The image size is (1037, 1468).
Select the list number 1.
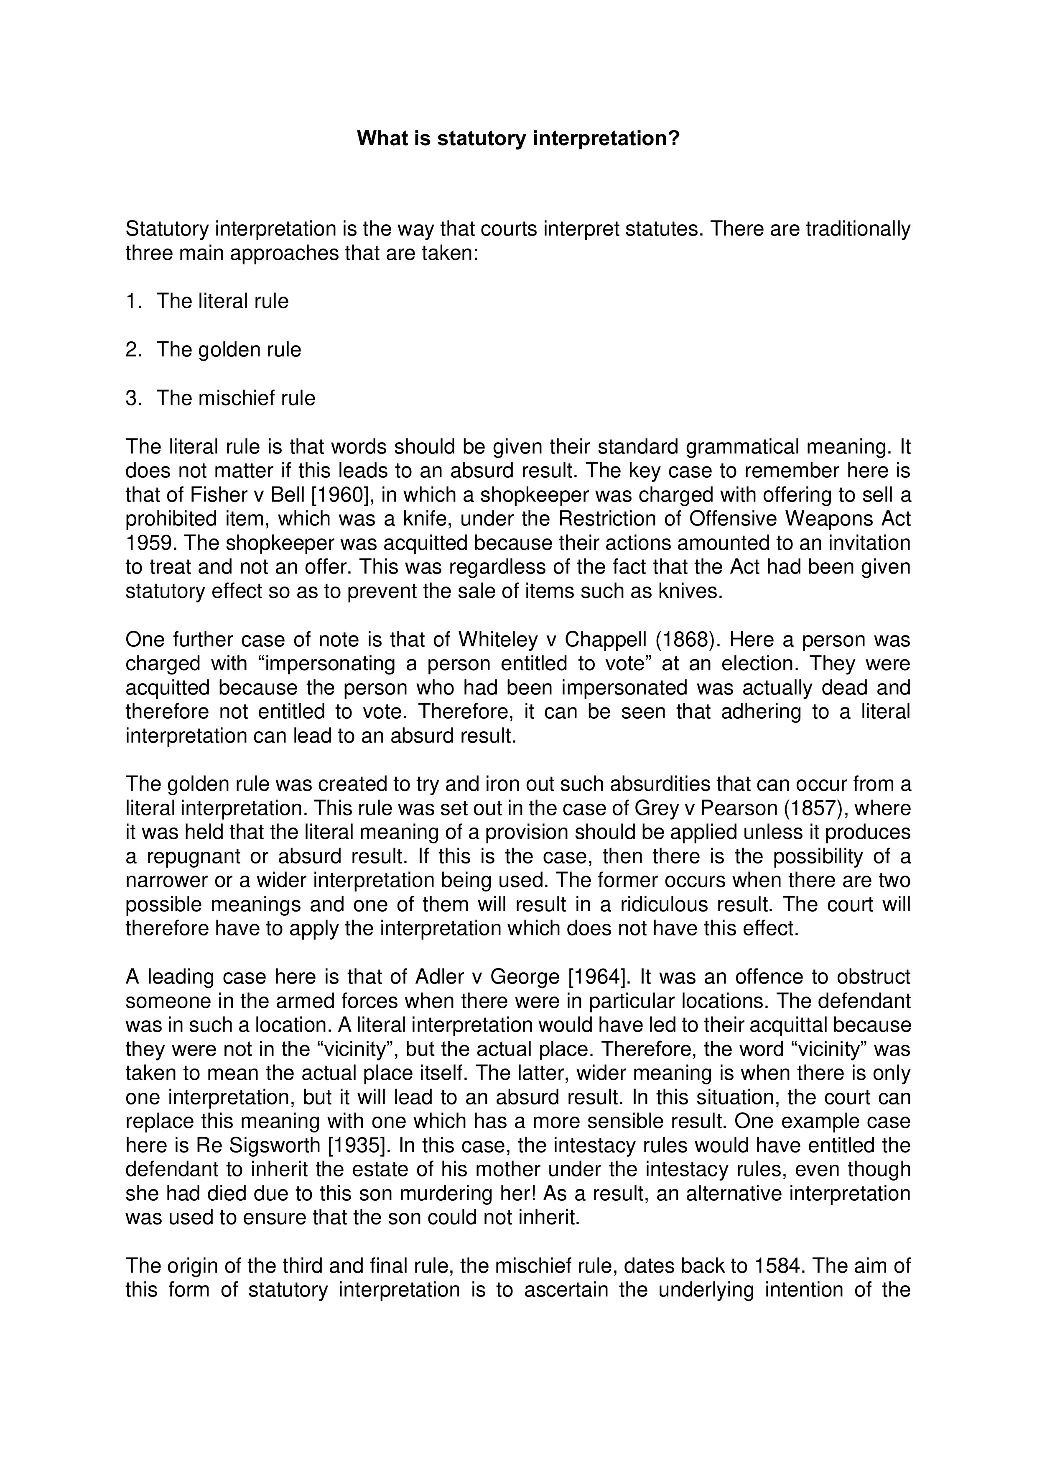pyautogui.click(x=132, y=301)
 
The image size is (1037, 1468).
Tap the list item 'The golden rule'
pyautogui.click(x=229, y=350)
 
